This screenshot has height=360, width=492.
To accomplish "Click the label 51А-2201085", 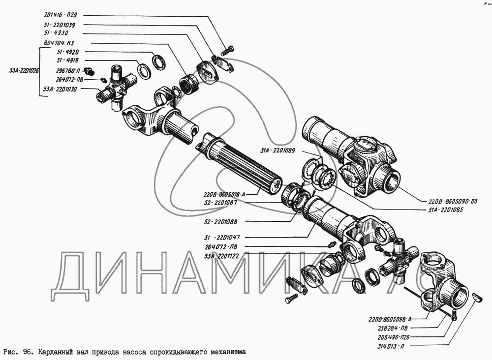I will [441, 210].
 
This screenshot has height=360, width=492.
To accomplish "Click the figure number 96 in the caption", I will [28, 352].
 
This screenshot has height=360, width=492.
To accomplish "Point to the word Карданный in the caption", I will [57, 352].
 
